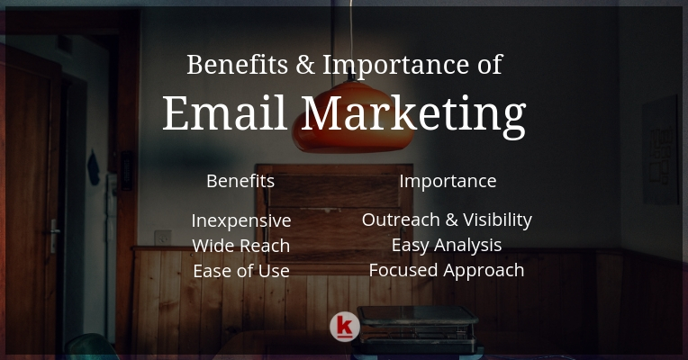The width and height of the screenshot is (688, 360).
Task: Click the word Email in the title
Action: point(225,112)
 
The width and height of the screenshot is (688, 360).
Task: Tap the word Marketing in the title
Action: point(413,116)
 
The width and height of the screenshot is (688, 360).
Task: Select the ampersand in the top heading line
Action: point(305,65)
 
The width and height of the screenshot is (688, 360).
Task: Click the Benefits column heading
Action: point(240,181)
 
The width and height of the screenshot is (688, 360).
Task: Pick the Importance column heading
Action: point(448,181)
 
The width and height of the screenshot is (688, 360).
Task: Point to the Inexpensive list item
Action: point(241,220)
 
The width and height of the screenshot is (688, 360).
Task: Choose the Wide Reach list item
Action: point(240,246)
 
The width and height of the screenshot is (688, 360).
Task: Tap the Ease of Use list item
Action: point(241,271)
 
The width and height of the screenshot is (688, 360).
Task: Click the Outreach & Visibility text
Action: point(447,220)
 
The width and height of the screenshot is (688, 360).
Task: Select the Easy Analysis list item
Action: point(447,245)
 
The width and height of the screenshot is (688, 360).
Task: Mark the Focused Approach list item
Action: point(447,271)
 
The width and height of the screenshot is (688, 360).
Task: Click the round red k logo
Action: point(345,327)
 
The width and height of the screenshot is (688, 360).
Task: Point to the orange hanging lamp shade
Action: point(352,117)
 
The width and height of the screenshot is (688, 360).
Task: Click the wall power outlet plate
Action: point(163,238)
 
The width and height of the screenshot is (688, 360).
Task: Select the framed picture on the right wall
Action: point(661,150)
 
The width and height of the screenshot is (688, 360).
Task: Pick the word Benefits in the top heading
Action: point(238,65)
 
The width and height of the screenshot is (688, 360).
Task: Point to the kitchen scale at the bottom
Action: point(417,329)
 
